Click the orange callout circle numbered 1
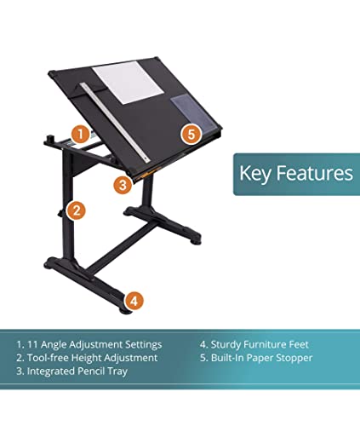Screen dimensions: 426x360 point(79,134)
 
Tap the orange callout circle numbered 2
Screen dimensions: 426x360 point(76,210)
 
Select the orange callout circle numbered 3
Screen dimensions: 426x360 point(123,182)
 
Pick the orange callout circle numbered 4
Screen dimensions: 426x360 point(135,300)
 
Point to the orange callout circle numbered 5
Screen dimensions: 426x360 point(191,133)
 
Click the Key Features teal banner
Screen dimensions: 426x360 point(294,174)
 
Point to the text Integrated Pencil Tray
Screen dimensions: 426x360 point(76,372)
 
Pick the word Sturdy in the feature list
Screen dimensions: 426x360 point(228,345)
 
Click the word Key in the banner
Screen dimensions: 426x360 point(254,174)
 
